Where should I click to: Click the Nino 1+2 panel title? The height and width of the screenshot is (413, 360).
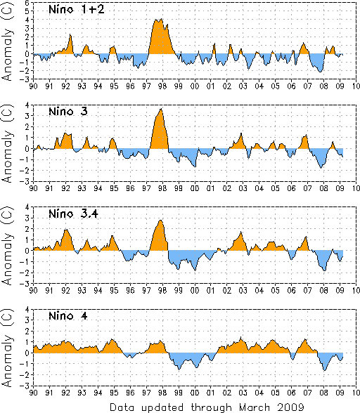tap(77, 9)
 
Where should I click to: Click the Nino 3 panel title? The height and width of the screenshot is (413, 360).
tap(68, 112)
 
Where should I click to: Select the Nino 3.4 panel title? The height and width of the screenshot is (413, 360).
tap(73, 214)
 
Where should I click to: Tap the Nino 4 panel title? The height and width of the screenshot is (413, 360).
tap(68, 315)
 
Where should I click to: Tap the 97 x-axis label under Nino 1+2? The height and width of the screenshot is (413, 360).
tap(146, 86)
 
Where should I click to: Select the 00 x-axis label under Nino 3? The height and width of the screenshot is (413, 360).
tap(195, 188)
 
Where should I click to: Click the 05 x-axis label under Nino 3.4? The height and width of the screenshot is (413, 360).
tap(276, 290)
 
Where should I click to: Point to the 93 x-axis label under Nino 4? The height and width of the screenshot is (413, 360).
tap(82, 393)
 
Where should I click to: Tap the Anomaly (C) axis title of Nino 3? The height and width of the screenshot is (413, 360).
tap(8, 143)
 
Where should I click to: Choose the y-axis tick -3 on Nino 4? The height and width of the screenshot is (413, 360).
tap(27, 386)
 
